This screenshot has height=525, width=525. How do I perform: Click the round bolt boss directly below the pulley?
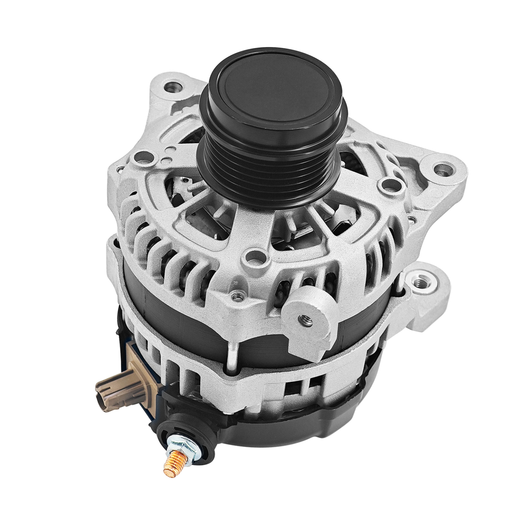click(257, 257)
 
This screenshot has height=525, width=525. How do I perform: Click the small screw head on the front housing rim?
click(238, 296)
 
